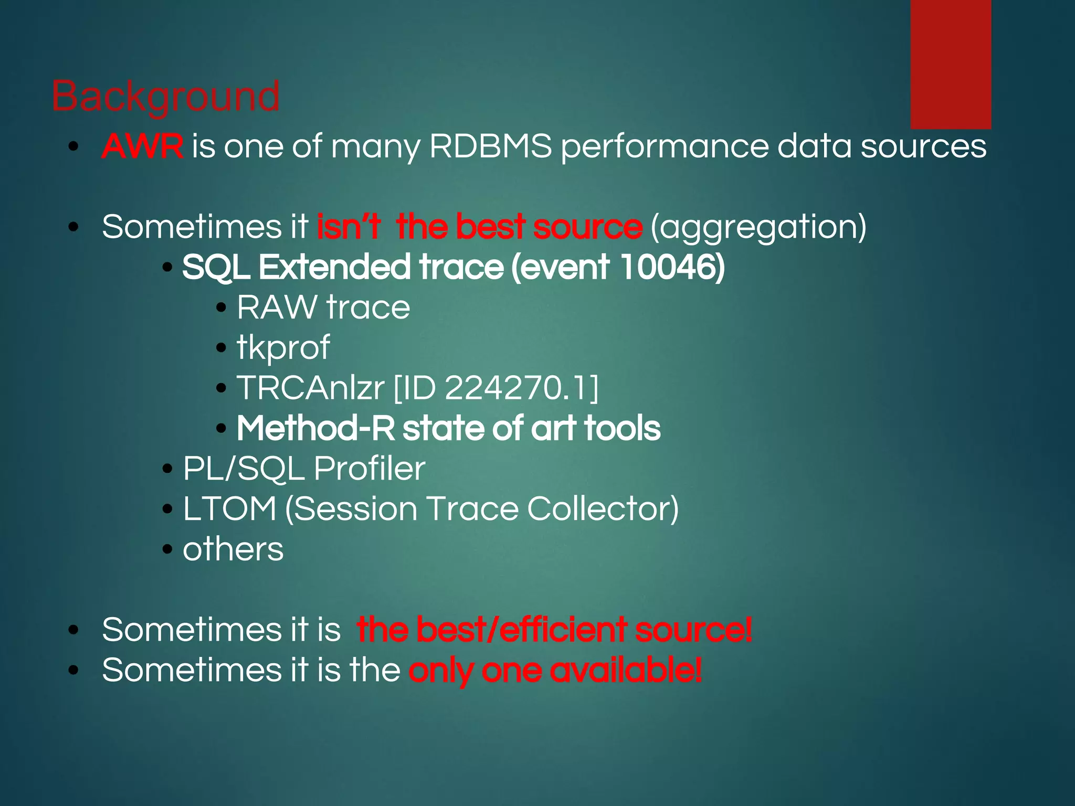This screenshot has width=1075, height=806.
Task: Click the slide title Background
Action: coord(165,97)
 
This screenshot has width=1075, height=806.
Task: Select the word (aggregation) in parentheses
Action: coord(758,227)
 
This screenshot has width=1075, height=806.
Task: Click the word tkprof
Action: coord(283,348)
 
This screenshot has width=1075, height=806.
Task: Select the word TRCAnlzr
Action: coord(310,388)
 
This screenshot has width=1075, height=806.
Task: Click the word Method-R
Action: coord(315,428)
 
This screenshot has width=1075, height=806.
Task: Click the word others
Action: coord(233,549)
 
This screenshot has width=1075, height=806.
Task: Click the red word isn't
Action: coord(349,227)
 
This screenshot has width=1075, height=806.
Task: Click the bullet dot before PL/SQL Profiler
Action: coord(167,469)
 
